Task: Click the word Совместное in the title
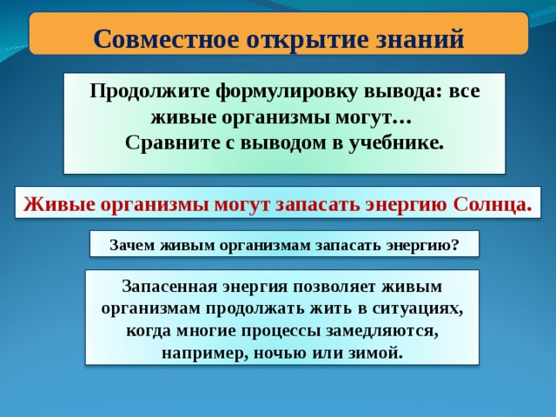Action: click(x=167, y=38)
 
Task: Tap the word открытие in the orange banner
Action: click(x=305, y=38)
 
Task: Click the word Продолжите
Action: click(x=149, y=91)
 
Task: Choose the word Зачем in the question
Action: click(x=132, y=245)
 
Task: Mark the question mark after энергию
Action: click(x=455, y=245)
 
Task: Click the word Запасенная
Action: click(x=169, y=287)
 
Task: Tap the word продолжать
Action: click(x=255, y=309)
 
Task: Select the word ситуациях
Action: click(x=418, y=309)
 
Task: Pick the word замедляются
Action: click(x=381, y=332)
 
